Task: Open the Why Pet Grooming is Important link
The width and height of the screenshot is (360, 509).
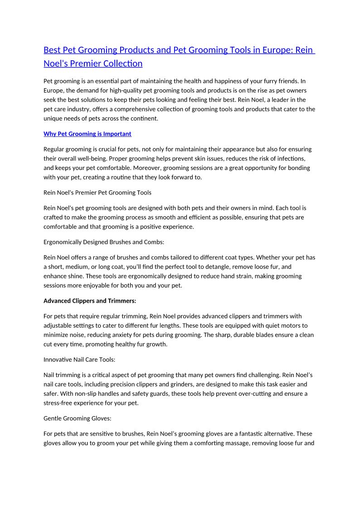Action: point(87,134)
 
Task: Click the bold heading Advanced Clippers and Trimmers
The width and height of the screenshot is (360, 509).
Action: point(90,301)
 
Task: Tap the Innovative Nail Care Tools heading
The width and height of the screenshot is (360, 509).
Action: point(79,359)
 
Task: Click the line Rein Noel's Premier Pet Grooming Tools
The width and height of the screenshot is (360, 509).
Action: point(97,193)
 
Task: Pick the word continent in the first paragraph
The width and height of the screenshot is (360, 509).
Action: point(143,119)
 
